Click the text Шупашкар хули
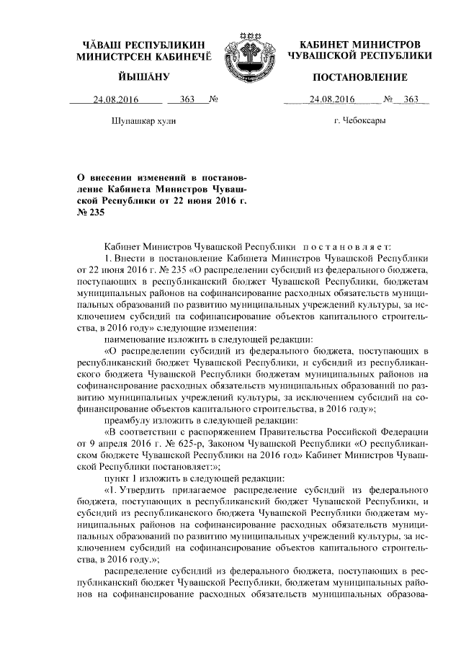point(144,122)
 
